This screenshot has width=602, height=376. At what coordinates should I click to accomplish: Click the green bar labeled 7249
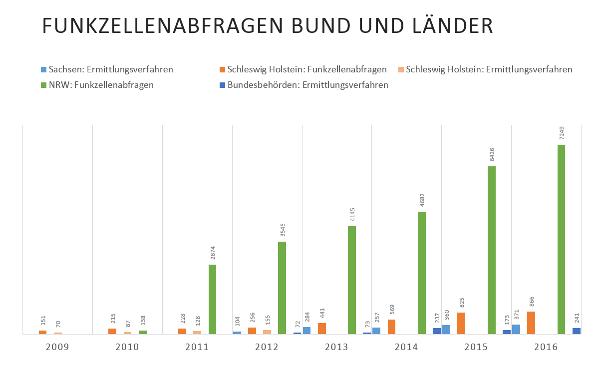(x=561, y=239)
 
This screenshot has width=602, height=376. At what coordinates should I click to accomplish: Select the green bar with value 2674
(x=212, y=299)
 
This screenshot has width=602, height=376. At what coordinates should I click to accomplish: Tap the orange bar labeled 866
(x=531, y=323)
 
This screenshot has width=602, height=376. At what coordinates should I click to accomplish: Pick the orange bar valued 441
(x=322, y=329)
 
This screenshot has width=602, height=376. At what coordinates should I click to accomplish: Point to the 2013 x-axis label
(x=337, y=346)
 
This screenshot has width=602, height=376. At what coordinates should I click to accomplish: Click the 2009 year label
(x=57, y=346)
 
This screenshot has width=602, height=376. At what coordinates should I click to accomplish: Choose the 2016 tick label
(x=546, y=346)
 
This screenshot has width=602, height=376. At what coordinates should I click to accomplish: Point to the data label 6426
(x=492, y=154)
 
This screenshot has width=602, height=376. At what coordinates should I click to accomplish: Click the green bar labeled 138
(x=143, y=332)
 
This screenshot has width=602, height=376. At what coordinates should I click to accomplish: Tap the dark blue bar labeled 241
(x=577, y=331)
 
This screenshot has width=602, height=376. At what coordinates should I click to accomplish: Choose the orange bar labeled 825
(x=461, y=323)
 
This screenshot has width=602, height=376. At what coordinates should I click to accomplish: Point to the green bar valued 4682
(x=422, y=273)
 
